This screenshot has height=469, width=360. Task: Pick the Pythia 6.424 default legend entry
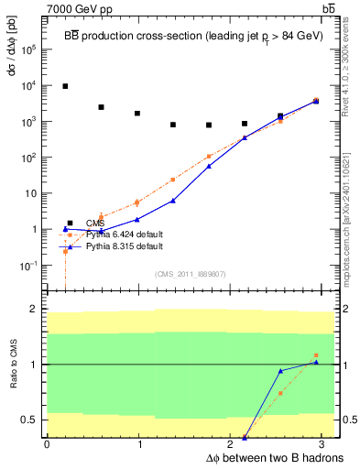(x=111, y=234)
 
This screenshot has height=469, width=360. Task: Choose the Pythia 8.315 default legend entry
(x=111, y=246)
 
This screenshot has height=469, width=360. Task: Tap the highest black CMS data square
(x=65, y=86)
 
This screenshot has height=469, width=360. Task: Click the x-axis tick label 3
(x=325, y=444)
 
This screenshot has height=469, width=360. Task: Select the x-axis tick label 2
(x=233, y=444)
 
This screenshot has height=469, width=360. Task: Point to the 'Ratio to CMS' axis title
(x=13, y=365)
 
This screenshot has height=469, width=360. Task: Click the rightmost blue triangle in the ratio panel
(x=316, y=362)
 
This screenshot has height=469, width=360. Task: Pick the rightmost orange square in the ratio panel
(x=316, y=355)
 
